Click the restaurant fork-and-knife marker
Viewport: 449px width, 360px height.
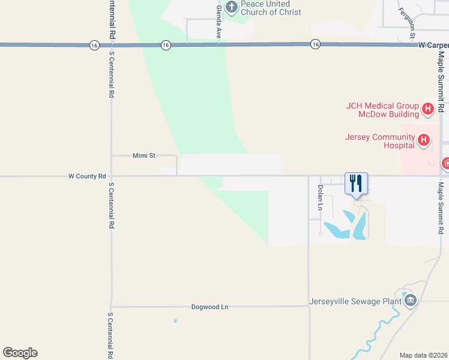(x=356, y=183)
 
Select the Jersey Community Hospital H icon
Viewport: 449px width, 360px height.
(x=424, y=140)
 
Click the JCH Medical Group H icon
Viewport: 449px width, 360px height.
(x=428, y=109)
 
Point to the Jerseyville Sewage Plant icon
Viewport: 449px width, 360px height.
(x=411, y=301)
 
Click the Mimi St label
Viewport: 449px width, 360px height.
(x=143, y=155)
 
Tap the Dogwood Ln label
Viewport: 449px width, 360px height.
(x=209, y=307)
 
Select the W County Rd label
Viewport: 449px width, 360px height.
(x=87, y=176)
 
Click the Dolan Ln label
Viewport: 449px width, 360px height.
(x=320, y=197)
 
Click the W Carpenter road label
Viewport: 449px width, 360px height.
(x=433, y=45)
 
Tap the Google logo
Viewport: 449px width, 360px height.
(x=20, y=353)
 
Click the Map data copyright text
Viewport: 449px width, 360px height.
(x=424, y=355)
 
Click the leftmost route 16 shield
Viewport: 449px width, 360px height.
(x=94, y=45)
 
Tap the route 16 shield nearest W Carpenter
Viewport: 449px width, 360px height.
(x=315, y=44)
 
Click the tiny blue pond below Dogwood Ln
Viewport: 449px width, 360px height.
(x=175, y=321)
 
